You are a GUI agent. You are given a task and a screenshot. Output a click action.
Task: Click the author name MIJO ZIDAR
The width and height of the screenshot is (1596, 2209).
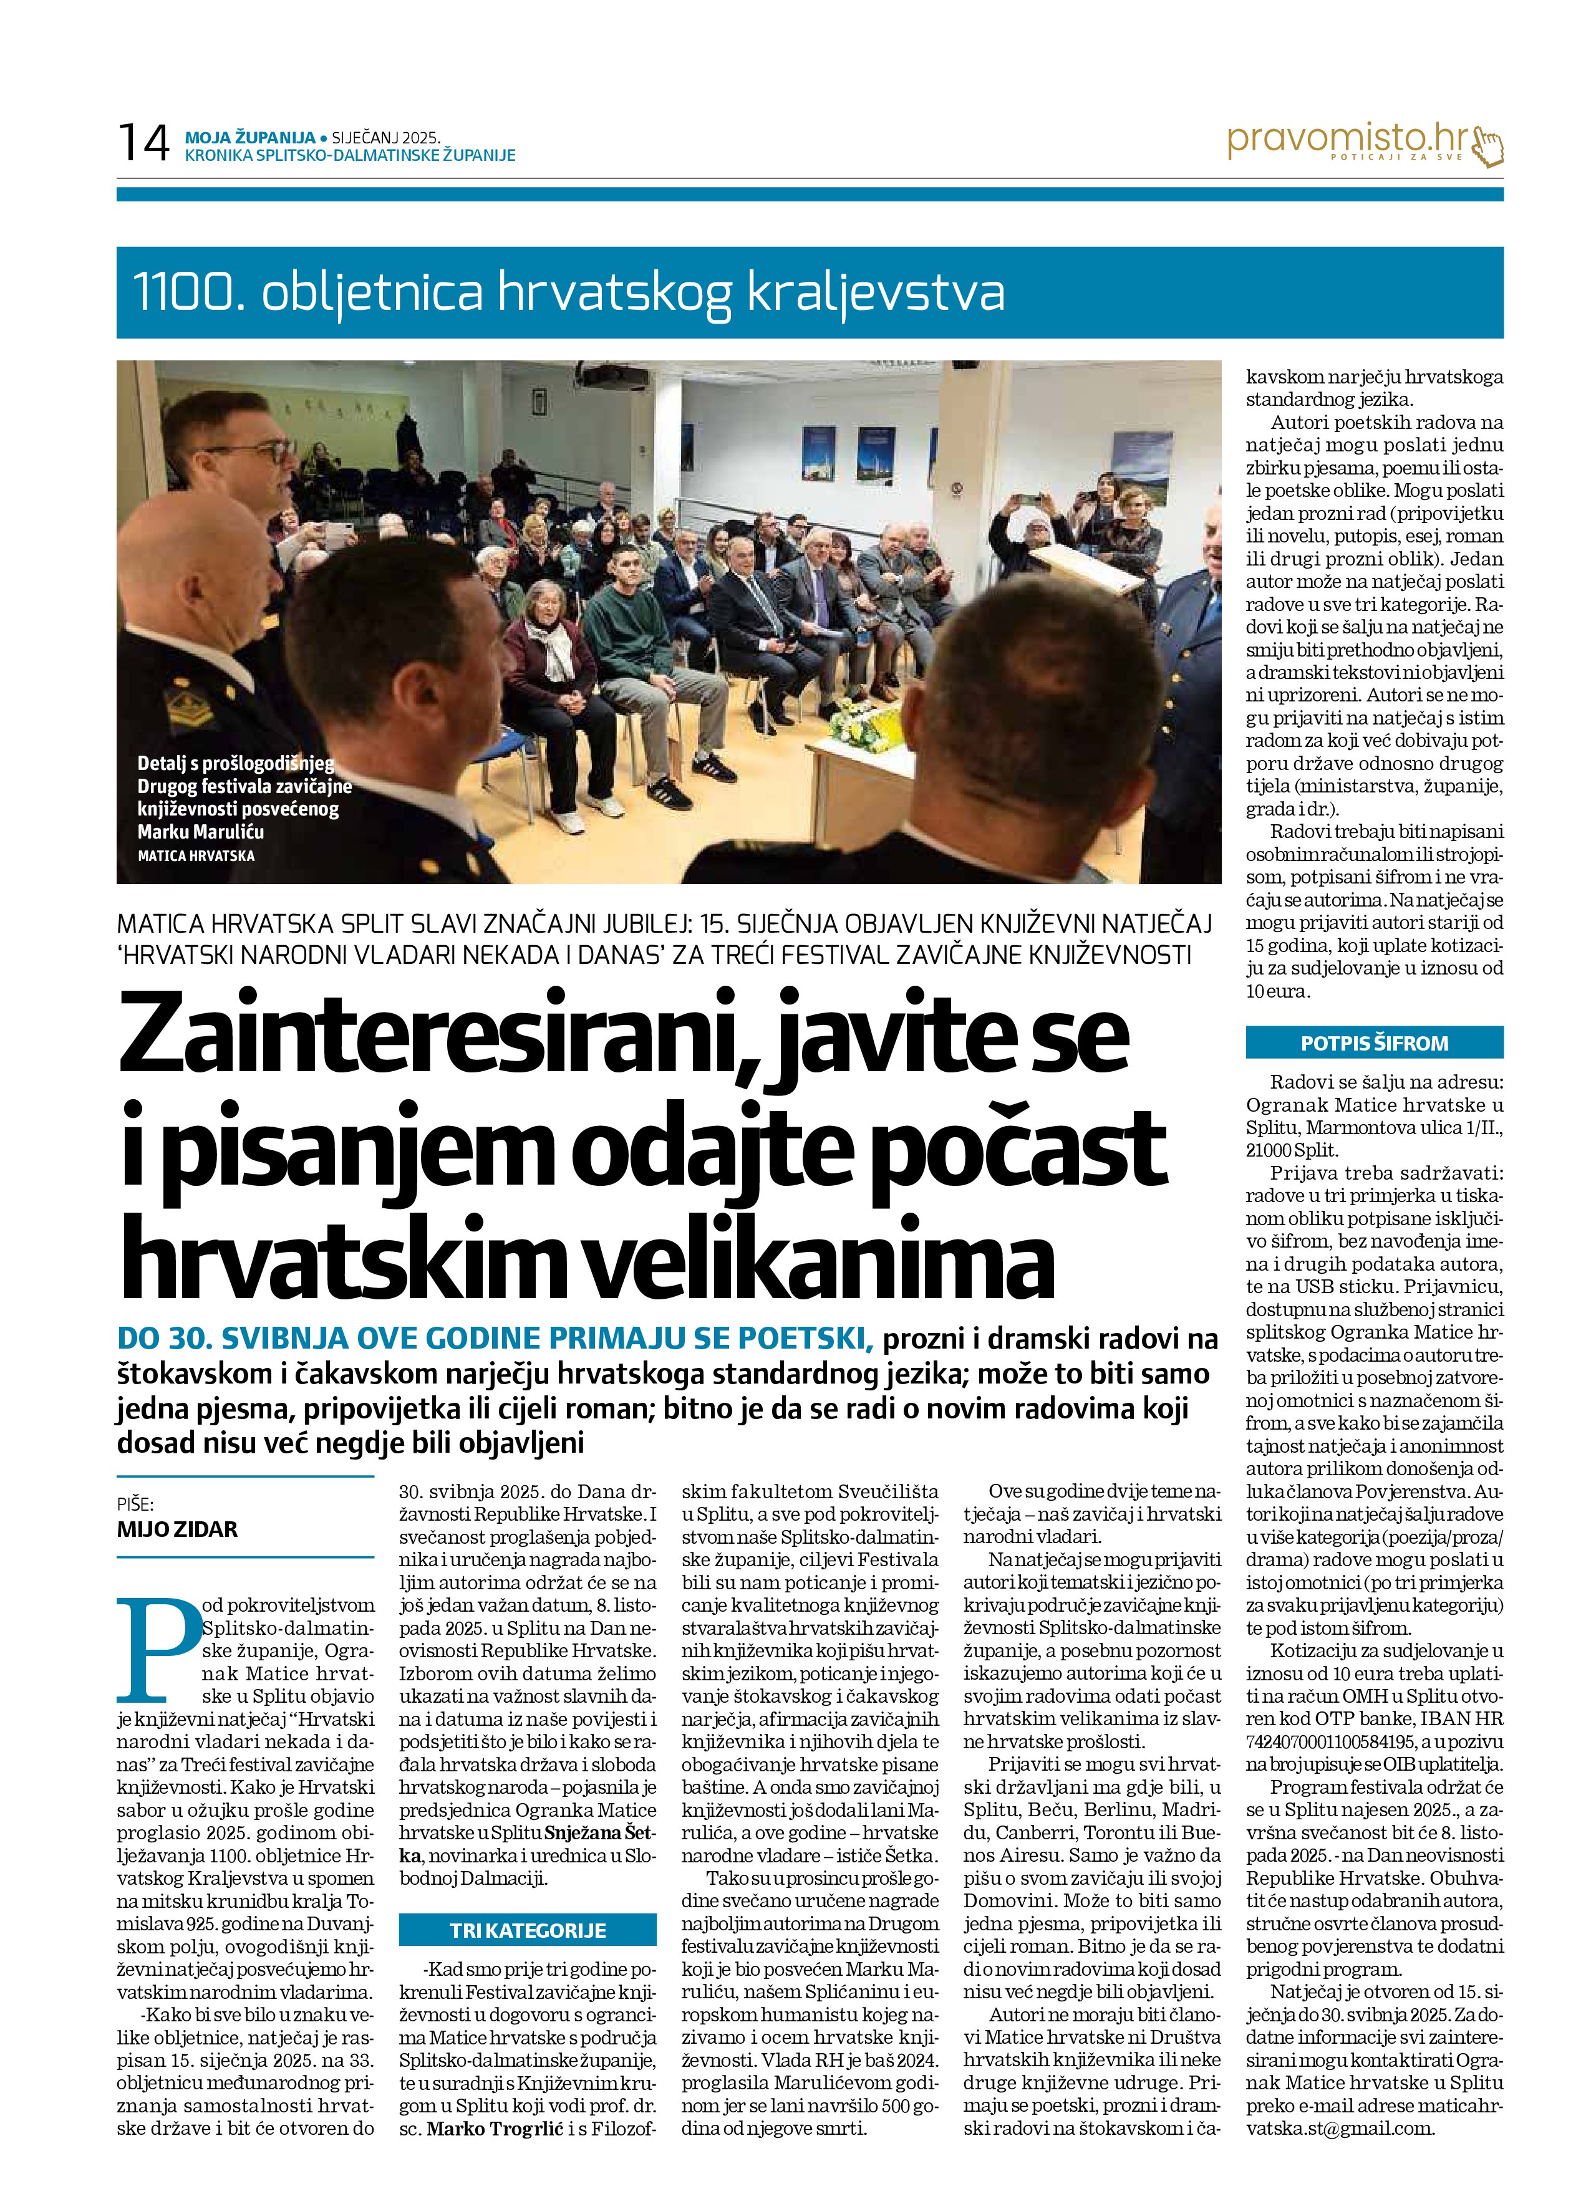[x=177, y=1529]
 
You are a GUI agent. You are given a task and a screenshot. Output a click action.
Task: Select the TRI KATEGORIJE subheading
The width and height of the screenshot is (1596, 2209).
[x=527, y=1930]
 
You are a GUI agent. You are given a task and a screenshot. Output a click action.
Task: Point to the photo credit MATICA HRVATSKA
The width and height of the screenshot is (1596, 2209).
[x=196, y=856]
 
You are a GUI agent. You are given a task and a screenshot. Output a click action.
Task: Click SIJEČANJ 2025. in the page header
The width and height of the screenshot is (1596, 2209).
[x=386, y=138]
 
